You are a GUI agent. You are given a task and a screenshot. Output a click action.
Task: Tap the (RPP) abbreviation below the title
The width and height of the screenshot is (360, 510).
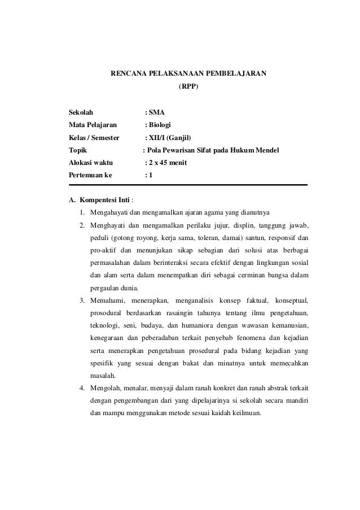[x=188, y=88]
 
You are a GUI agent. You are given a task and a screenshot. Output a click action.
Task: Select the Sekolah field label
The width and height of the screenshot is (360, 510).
[x=82, y=112]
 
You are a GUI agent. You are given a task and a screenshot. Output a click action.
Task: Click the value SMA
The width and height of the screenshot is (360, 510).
[x=157, y=112]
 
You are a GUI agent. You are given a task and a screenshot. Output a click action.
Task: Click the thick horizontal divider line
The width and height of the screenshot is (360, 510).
[x=187, y=185]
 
